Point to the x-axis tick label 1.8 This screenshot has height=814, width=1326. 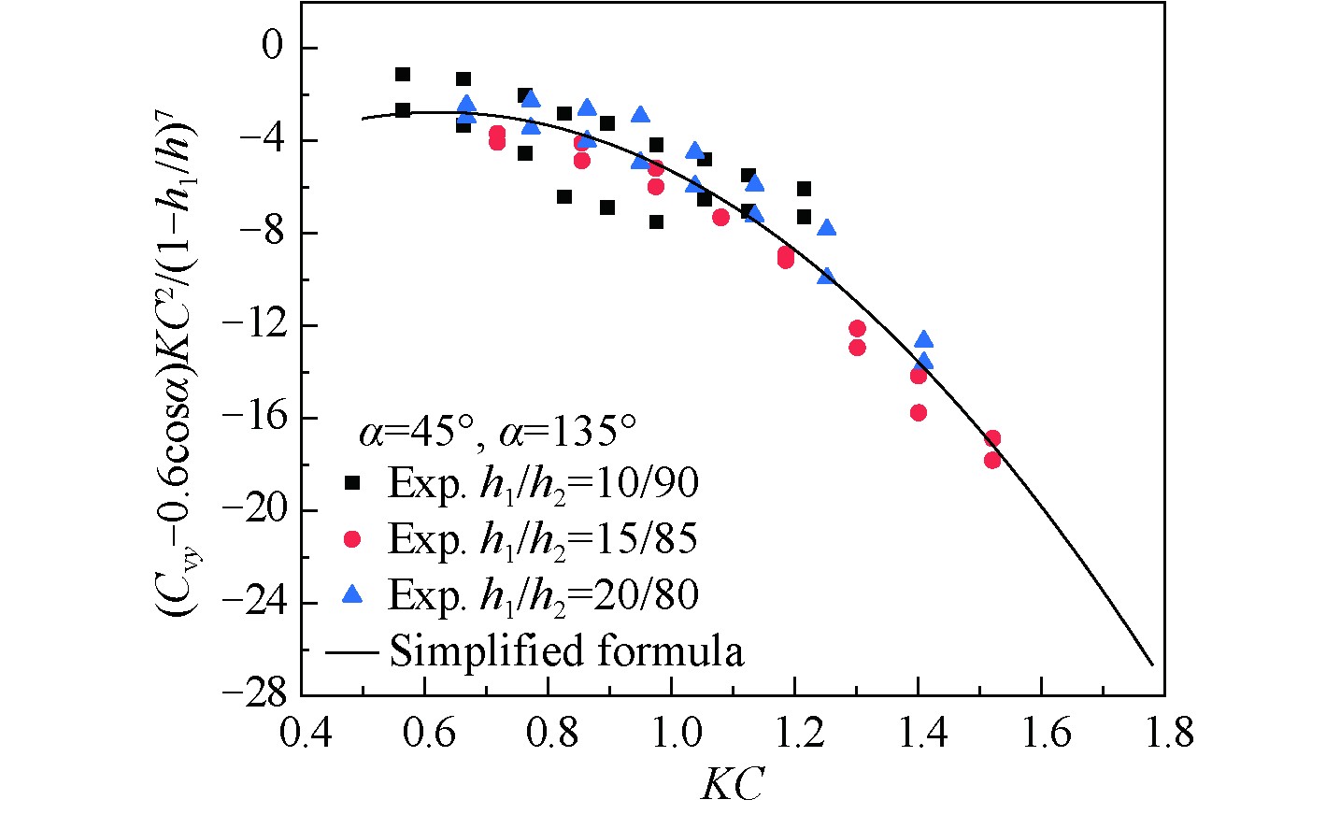(1164, 735)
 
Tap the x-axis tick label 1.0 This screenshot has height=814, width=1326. (671, 735)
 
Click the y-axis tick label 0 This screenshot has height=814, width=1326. (271, 48)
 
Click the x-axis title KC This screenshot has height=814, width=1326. (732, 784)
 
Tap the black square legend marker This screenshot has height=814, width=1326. (353, 483)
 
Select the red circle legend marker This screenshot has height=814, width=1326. (353, 539)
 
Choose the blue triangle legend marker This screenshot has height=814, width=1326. (353, 594)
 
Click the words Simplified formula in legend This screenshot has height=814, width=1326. (566, 650)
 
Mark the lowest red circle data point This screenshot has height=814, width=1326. (992, 460)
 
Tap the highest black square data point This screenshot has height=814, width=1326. (403, 75)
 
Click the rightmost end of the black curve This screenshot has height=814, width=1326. (1153, 664)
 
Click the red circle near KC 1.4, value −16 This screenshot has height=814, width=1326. (919, 413)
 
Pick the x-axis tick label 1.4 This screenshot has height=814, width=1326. (918, 735)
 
